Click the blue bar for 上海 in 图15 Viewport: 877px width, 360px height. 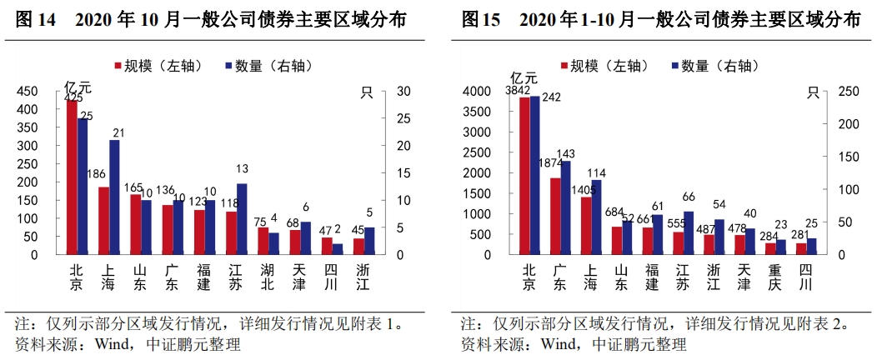[x=595, y=217]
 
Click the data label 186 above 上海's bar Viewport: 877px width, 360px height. [x=97, y=174]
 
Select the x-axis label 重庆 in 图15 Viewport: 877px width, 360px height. [x=774, y=277]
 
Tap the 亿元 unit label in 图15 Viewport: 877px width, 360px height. [x=524, y=78]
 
